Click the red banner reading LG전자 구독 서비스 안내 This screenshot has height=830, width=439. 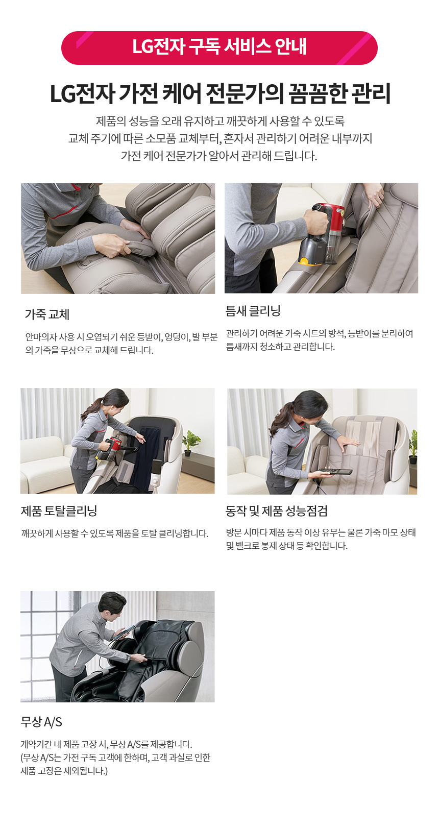(219, 48)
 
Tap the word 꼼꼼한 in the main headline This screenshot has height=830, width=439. (315, 94)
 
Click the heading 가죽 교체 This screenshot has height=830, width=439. (47, 314)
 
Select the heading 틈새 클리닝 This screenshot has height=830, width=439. (253, 310)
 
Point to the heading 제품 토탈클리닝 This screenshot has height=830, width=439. (59, 511)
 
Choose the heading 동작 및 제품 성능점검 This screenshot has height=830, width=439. (276, 511)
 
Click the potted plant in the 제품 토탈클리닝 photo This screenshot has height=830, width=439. (192, 443)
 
